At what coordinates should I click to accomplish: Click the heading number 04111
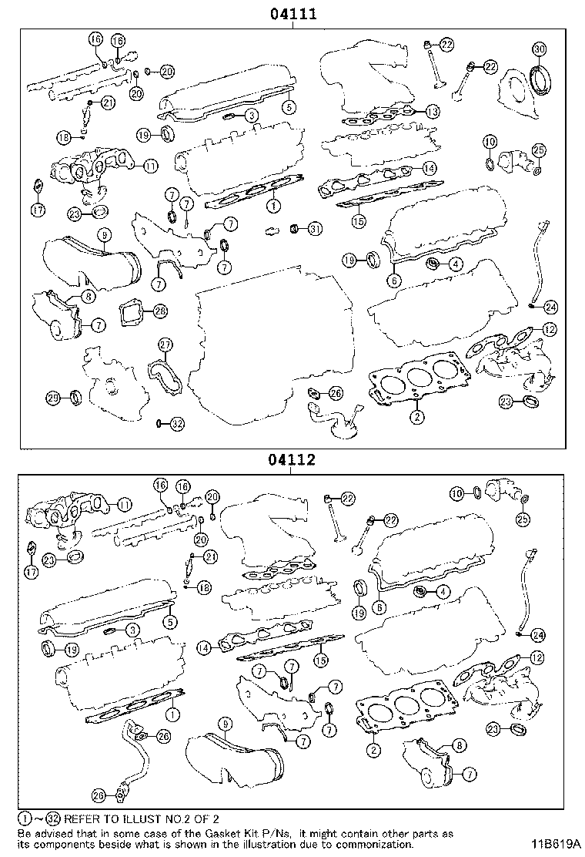click(293, 14)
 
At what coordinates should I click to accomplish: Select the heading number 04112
click(293, 460)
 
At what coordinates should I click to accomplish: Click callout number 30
click(539, 50)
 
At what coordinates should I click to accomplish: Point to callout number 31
click(314, 229)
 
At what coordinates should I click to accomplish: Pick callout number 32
click(177, 423)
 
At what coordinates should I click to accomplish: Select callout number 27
click(165, 344)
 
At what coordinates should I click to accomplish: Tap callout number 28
click(159, 311)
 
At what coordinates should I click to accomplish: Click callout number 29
click(52, 398)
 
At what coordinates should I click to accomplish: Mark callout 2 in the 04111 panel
click(416, 418)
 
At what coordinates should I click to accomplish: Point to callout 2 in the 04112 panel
click(374, 749)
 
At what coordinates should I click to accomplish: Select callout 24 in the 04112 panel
click(537, 635)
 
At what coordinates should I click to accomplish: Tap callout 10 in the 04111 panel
click(490, 141)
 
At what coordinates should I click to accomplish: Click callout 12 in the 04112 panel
click(537, 657)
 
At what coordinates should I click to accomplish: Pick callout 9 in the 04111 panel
click(103, 234)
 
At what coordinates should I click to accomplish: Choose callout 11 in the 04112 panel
click(123, 505)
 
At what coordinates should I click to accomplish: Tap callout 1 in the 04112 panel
click(172, 715)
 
